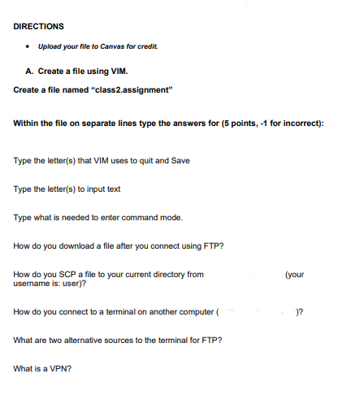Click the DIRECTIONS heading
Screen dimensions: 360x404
click(39, 25)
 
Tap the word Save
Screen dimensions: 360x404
click(180, 160)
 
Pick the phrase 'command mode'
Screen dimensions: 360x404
click(154, 218)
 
